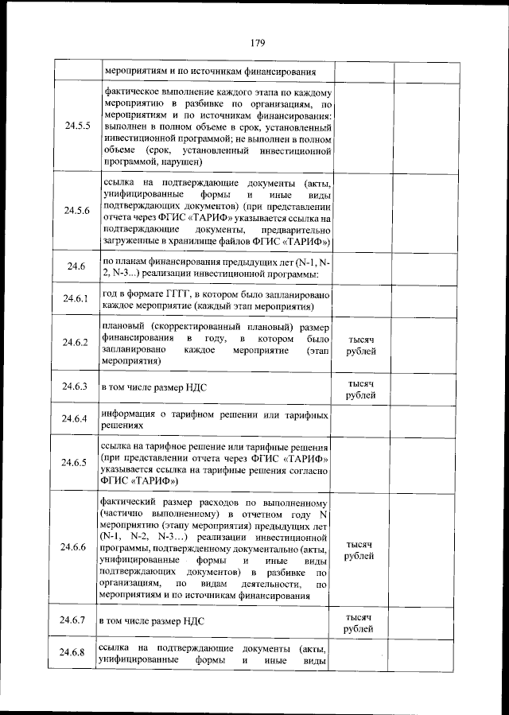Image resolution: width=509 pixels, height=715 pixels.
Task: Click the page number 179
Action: click(x=256, y=42)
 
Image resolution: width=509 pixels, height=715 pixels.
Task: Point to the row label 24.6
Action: click(x=77, y=266)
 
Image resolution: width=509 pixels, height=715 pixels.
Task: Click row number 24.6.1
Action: click(x=77, y=299)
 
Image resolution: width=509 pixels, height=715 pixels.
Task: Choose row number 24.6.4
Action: click(x=77, y=419)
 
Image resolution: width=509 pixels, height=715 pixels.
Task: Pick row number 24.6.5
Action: click(x=77, y=462)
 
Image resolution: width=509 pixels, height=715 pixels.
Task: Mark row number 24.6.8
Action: click(x=77, y=653)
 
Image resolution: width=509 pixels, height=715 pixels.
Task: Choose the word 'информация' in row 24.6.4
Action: click(x=129, y=414)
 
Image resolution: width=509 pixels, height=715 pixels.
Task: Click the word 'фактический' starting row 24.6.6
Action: click(x=132, y=502)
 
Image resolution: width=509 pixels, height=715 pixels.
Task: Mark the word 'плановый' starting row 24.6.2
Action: click(x=126, y=326)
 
